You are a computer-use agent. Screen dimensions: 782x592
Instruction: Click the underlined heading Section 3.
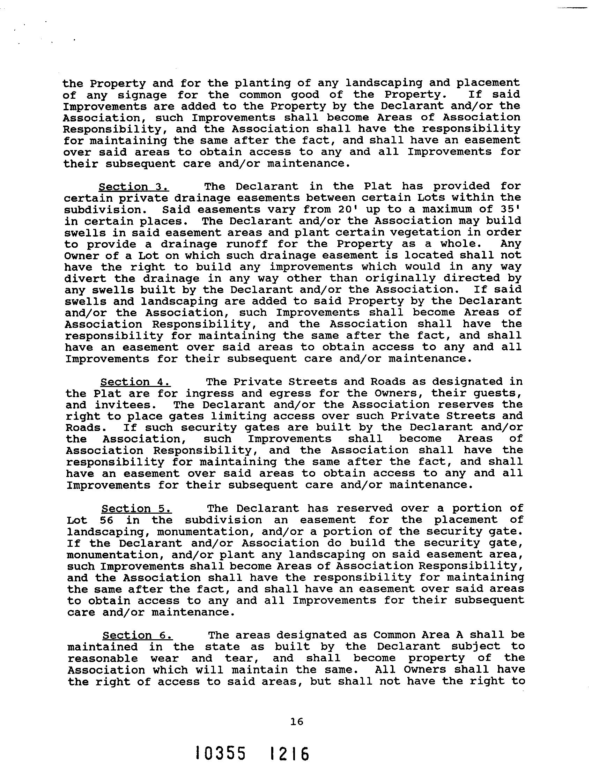coord(133,186)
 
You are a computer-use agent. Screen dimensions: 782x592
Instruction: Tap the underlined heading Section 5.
coord(136,508)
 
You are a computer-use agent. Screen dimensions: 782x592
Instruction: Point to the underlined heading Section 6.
coord(137,635)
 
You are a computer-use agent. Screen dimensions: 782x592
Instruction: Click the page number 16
coord(297,722)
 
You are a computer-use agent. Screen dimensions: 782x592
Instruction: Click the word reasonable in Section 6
coord(103,658)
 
